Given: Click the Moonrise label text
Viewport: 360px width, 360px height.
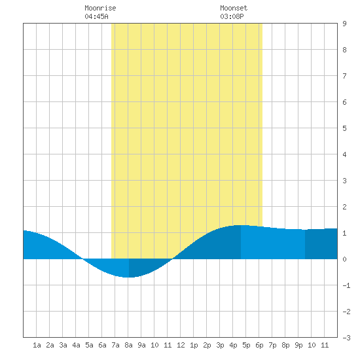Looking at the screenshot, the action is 100,8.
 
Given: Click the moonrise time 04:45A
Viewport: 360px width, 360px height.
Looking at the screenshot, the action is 96,16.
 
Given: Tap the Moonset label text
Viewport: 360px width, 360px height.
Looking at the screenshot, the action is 234,8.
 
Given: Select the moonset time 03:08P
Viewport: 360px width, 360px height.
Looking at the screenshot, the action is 232,16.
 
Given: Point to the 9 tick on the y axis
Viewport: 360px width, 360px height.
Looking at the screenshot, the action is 344,24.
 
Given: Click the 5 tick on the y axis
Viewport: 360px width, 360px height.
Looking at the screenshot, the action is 344,128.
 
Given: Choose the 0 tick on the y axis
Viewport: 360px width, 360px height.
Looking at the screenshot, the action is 344,259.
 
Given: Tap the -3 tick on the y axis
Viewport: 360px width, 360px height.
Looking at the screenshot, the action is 346,338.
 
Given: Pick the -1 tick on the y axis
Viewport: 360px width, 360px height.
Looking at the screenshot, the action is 346,285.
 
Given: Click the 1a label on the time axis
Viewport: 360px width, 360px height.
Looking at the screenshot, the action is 37,345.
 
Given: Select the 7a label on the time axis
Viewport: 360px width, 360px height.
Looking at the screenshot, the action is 115,345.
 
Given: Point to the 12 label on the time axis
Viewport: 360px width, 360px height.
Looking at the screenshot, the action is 181,345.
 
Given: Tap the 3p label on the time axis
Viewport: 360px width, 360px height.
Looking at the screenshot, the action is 220,345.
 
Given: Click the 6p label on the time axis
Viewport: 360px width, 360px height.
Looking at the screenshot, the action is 259,345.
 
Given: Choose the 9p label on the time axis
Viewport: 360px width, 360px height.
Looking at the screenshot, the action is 298,345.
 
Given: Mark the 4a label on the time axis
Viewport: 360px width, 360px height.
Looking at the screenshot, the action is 76,345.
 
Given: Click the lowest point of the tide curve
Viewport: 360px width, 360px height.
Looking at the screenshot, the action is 128,278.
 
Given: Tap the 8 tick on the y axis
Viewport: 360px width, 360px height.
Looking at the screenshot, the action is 344,50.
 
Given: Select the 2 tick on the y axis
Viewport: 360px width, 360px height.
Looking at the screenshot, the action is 344,207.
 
